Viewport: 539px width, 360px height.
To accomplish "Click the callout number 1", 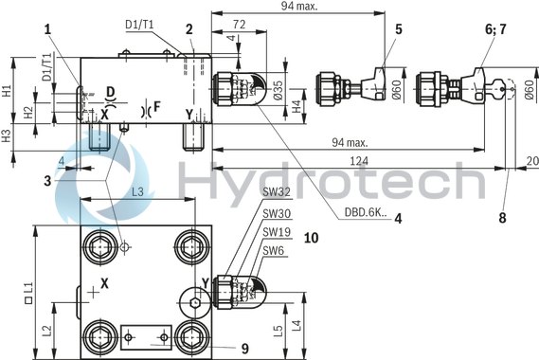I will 45,28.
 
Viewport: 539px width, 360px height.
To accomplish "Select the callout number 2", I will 189,28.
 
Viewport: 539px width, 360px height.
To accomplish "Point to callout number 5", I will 398,28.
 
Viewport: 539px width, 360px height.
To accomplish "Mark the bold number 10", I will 310,237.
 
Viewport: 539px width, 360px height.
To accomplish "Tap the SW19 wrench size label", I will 276,233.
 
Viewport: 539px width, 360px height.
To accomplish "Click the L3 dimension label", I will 137,192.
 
